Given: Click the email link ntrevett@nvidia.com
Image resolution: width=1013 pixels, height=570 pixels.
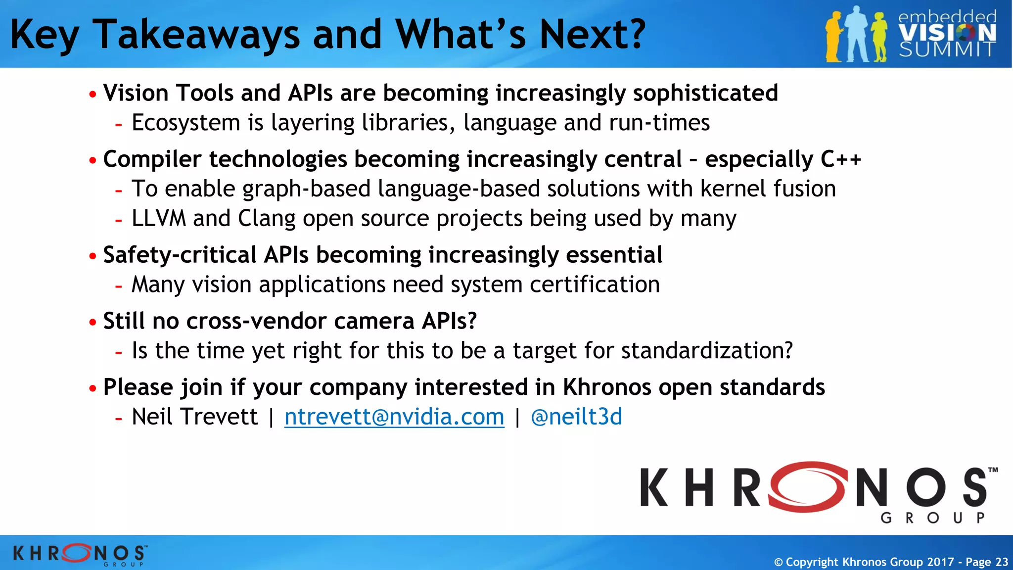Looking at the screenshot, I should tap(394, 417).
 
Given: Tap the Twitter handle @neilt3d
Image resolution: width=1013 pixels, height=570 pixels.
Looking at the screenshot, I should tap(576, 417).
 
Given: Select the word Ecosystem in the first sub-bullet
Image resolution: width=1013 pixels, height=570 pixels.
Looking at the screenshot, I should tap(186, 123).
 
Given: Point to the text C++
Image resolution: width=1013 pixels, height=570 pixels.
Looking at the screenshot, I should tap(841, 159).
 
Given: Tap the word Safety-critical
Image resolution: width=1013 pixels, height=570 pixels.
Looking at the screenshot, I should tap(180, 255).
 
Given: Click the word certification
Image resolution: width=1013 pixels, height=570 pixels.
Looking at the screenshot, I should tap(595, 285).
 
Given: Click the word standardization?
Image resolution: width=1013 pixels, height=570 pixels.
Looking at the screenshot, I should tap(707, 351).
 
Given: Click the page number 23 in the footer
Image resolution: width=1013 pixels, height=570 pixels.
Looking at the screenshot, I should tap(1002, 562).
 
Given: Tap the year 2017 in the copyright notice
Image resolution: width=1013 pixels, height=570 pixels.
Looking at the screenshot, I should tap(940, 562).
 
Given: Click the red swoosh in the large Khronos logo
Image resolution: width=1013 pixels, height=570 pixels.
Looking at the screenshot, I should tap(807, 487).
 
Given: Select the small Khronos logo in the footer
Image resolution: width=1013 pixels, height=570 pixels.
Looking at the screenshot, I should tap(80, 554).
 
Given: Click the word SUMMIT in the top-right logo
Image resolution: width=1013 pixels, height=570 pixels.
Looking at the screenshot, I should tap(947, 49).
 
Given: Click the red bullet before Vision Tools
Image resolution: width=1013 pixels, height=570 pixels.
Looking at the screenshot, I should tap(92, 94).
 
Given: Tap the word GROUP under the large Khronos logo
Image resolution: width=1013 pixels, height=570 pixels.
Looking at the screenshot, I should tap(933, 518).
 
